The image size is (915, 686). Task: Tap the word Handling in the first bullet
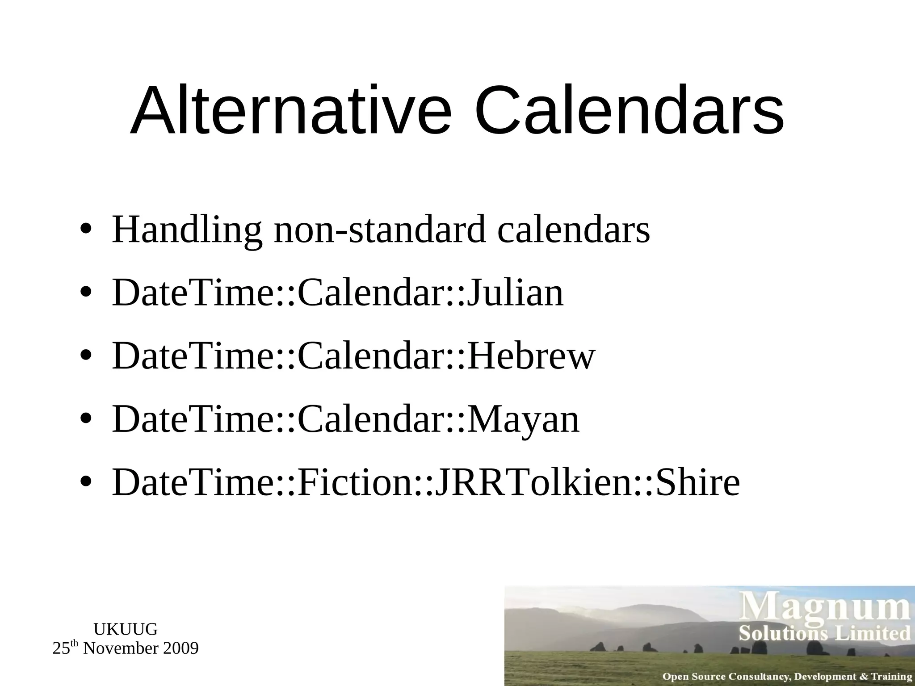[186, 230]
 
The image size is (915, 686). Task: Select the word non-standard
[379, 230]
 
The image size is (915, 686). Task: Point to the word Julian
[515, 293]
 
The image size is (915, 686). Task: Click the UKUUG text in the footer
[126, 629]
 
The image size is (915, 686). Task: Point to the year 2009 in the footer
[180, 648]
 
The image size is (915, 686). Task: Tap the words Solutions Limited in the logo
[824, 634]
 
